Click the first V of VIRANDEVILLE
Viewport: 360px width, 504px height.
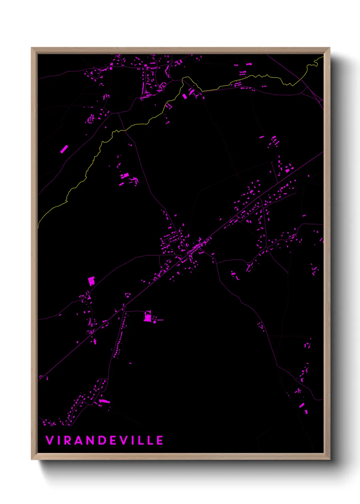tap(49, 440)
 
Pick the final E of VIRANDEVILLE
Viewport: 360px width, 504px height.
tap(160, 440)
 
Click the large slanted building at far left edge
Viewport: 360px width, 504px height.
tap(64, 149)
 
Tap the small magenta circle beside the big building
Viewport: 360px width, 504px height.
tap(154, 322)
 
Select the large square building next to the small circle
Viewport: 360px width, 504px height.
tap(148, 318)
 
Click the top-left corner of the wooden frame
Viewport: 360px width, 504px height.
tap(32, 48)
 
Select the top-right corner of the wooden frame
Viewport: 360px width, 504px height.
tap(329, 48)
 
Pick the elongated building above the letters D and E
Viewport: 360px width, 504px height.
tap(104, 401)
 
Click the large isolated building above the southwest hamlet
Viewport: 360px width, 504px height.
tap(91, 281)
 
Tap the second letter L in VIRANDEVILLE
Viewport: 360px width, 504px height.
tap(149, 440)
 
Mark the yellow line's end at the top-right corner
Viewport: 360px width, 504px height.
tap(322, 57)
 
